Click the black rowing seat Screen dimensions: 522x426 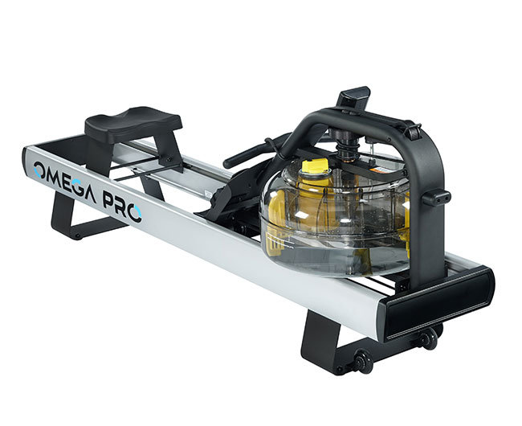pos(133,122)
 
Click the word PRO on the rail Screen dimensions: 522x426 pos(121,208)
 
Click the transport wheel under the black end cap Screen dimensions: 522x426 pos(427,337)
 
